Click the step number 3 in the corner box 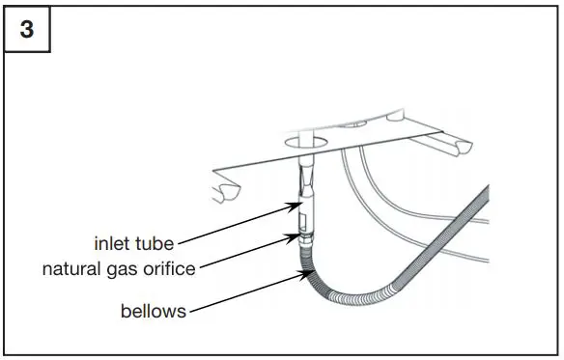click(27, 30)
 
